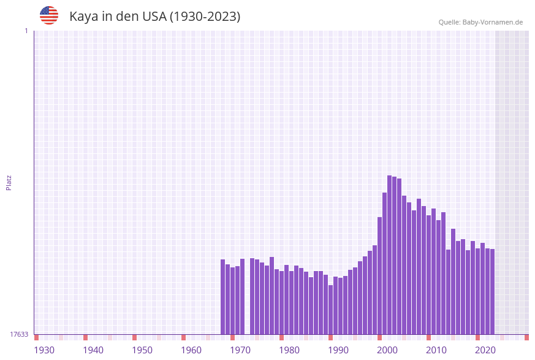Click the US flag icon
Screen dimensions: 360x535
click(x=49, y=15)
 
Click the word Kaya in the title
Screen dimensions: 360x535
click(x=83, y=17)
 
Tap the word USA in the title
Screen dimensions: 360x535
click(x=154, y=17)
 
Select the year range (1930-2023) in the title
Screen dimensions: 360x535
click(x=205, y=17)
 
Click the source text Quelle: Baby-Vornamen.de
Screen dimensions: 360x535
click(x=480, y=22)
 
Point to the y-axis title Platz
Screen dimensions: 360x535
click(x=9, y=182)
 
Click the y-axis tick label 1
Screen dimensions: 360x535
click(x=26, y=31)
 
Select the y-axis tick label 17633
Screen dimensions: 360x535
click(x=19, y=334)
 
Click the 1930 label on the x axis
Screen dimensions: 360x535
click(x=44, y=350)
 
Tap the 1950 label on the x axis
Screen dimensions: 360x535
click(x=142, y=350)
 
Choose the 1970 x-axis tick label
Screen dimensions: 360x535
click(x=240, y=350)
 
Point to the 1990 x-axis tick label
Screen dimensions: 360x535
click(x=338, y=350)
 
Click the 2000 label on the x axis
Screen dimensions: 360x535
click(x=387, y=350)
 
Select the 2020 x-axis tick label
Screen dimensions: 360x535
click(x=485, y=350)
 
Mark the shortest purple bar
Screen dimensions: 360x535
click(x=331, y=310)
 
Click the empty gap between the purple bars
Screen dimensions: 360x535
click(x=248, y=301)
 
